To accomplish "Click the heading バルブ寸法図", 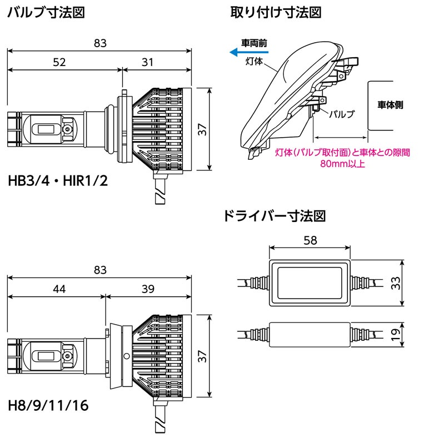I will pyautogui.click(x=46, y=12).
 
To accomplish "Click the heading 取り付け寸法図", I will pyautogui.click(x=276, y=12).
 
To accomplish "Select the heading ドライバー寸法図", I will pyautogui.click(x=273, y=216).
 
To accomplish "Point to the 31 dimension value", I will pyautogui.click(x=147, y=62).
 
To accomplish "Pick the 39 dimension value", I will pyautogui.click(x=147, y=289).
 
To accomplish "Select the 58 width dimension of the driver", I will pyautogui.click(x=310, y=240).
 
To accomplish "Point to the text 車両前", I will pyautogui.click(x=254, y=42).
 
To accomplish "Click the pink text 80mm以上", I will pyautogui.click(x=343, y=164).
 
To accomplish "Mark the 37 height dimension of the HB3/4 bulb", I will pyautogui.click(x=203, y=129).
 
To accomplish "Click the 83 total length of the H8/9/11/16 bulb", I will pyautogui.click(x=100, y=270).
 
